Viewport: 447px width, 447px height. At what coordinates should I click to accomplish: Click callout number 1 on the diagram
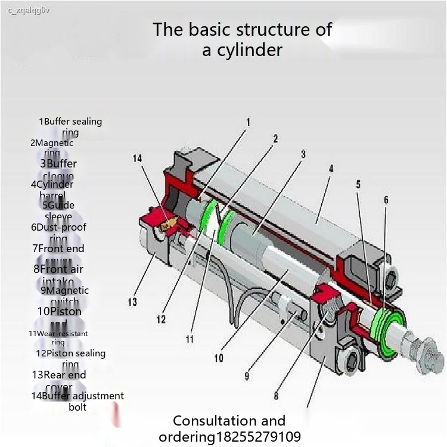tap(248, 122)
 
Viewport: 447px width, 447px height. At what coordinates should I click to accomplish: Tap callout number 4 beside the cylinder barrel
tap(331, 169)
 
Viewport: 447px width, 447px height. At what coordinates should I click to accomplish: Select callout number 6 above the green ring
tap(386, 200)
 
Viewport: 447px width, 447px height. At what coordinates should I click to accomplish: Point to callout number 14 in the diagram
tap(138, 158)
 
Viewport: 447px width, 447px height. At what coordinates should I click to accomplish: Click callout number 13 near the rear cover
tap(132, 302)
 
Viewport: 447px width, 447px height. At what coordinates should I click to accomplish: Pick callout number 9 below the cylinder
tap(247, 376)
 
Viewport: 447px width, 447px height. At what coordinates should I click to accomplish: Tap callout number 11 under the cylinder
tap(190, 340)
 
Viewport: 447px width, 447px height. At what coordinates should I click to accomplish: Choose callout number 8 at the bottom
tap(277, 395)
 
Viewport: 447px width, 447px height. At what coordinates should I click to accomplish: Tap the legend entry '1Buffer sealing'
tap(70, 122)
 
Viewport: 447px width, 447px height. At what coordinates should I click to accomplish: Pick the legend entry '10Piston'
tap(59, 311)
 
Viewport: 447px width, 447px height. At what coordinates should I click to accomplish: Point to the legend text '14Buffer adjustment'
tap(77, 396)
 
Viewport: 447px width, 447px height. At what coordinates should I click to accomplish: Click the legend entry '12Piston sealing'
tap(70, 353)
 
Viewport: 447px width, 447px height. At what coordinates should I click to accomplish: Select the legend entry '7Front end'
tap(58, 249)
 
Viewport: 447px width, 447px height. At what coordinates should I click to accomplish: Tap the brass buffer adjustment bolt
tap(169, 223)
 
